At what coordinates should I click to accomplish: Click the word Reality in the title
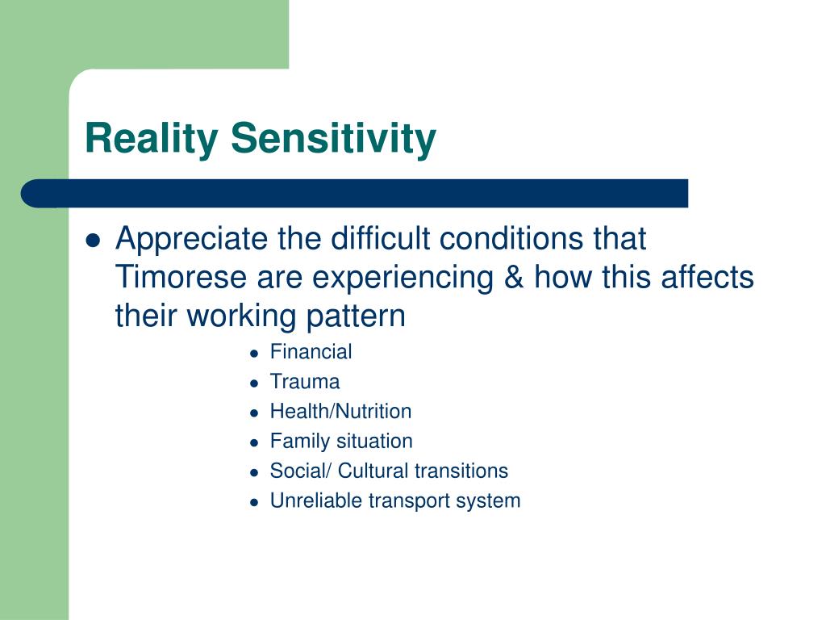click(x=151, y=139)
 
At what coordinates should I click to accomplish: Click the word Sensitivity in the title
click(x=333, y=137)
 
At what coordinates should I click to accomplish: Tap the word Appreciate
click(x=192, y=239)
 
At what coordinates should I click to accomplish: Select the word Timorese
click(x=181, y=277)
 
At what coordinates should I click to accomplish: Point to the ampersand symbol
click(x=514, y=277)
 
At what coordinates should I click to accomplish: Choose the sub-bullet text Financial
click(x=311, y=352)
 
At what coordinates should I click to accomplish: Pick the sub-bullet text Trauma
click(x=305, y=382)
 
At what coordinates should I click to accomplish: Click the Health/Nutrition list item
click(x=341, y=411)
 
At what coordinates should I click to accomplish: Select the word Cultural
click(x=372, y=471)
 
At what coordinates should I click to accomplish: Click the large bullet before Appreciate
click(x=94, y=241)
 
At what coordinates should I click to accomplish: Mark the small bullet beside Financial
click(x=254, y=354)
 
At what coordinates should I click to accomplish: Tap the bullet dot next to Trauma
click(x=254, y=383)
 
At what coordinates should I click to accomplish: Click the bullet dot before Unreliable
click(x=254, y=502)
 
